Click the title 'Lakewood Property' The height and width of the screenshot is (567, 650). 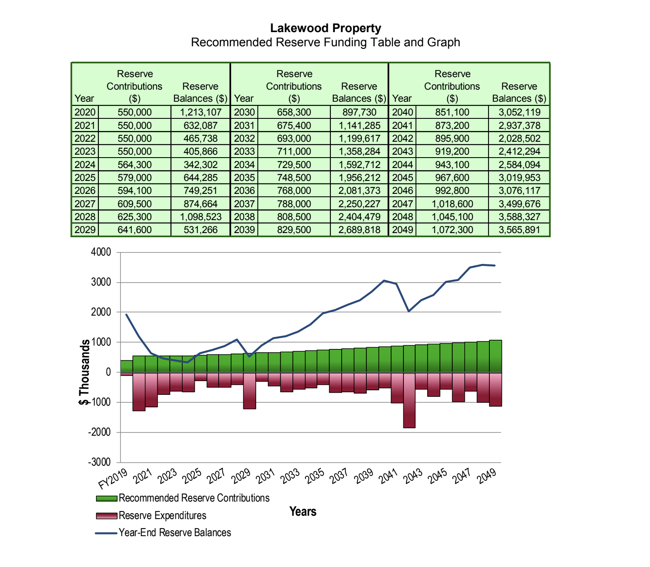pyautogui.click(x=325, y=28)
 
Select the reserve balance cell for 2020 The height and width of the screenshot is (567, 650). pyautogui.click(x=201, y=112)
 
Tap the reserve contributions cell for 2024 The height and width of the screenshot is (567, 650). pyautogui.click(x=134, y=165)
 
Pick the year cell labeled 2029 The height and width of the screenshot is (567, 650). pyautogui.click(x=85, y=230)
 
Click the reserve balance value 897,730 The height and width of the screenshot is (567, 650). pyautogui.click(x=359, y=112)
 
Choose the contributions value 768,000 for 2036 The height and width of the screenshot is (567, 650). pyautogui.click(x=294, y=191)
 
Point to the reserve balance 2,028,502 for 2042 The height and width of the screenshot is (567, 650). pyautogui.click(x=519, y=138)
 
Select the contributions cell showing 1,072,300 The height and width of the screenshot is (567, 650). pyautogui.click(x=452, y=230)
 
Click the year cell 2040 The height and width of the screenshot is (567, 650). pyautogui.click(x=402, y=112)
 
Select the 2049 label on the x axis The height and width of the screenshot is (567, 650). pyautogui.click(x=487, y=476)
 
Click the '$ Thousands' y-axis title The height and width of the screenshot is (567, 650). pyautogui.click(x=85, y=372)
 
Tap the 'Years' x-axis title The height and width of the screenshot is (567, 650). pyautogui.click(x=303, y=512)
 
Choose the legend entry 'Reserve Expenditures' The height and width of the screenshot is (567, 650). pyautogui.click(x=162, y=516)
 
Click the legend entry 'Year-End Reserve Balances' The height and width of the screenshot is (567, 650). pyautogui.click(x=174, y=533)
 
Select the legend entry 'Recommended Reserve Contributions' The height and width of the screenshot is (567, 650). pyautogui.click(x=194, y=498)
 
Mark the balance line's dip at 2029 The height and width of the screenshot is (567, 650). pyautogui.click(x=249, y=356)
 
